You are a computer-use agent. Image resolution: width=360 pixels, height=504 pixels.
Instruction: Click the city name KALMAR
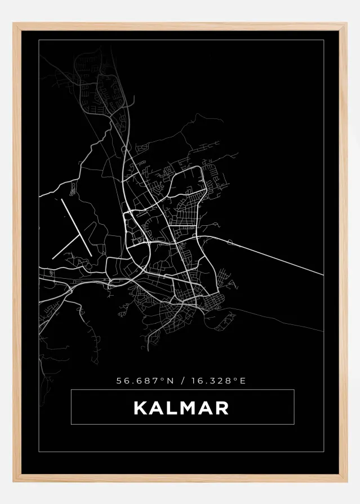(181, 407)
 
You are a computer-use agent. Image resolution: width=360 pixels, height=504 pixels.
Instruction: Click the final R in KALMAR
(222, 407)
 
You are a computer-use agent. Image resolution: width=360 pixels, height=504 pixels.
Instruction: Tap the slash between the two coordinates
(181, 381)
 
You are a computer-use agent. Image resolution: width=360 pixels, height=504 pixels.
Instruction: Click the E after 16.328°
(243, 381)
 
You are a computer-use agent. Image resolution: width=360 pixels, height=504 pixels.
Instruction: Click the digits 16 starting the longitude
(196, 381)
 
